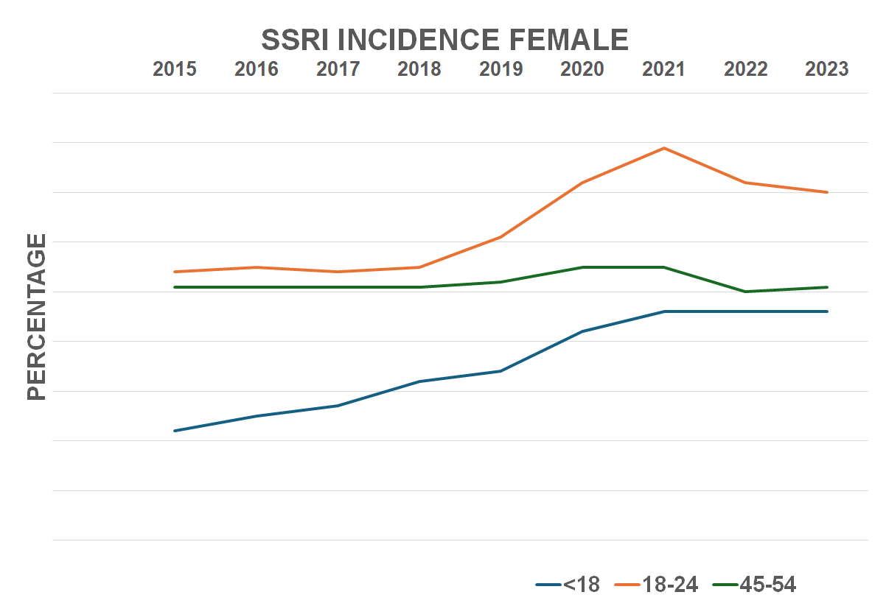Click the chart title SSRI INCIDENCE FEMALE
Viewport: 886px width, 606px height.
(444, 39)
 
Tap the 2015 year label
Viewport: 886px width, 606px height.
(175, 69)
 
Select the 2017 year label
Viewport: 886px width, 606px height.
(338, 69)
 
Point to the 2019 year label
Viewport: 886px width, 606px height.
(500, 69)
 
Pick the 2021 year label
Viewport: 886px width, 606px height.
(663, 69)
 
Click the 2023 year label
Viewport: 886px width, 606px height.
(826, 69)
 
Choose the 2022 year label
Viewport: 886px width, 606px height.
(745, 69)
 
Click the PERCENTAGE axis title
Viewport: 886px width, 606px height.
(37, 317)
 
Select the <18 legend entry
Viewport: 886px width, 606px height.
(568, 585)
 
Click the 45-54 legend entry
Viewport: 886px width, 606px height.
(756, 585)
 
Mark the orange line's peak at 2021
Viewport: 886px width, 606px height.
(664, 148)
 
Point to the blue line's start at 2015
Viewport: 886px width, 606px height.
(175, 431)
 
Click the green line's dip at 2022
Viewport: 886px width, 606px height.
(745, 292)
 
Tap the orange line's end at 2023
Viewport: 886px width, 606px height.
(827, 192)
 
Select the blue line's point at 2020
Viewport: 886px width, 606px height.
(582, 331)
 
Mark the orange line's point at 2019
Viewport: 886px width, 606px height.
(500, 237)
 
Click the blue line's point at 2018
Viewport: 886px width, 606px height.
(419, 381)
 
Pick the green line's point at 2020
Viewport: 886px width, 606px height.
(582, 267)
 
